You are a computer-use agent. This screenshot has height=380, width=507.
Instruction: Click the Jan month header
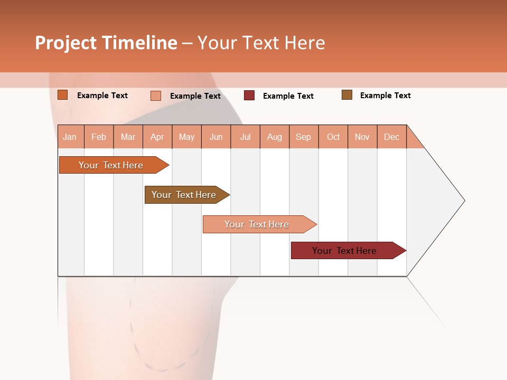point(70,137)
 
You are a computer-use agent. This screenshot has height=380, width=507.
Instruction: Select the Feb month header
point(99,137)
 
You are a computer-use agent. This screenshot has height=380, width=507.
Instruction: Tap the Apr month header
point(157,137)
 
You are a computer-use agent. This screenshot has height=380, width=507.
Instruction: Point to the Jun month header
point(216,137)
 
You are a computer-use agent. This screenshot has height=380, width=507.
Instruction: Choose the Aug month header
point(274,137)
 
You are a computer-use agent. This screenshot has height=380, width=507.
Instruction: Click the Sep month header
point(303,137)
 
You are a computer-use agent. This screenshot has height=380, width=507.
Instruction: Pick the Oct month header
point(333,137)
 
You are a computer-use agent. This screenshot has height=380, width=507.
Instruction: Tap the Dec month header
point(391,137)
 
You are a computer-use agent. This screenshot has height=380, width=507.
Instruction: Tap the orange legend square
point(63,95)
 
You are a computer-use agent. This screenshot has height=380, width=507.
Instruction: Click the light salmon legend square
point(156,96)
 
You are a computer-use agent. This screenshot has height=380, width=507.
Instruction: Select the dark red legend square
point(249,96)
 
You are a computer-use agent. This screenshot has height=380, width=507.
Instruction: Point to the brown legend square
point(347,95)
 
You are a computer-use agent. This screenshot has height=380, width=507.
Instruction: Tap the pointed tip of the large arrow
point(463,201)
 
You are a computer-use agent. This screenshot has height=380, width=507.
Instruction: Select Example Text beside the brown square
point(385,96)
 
